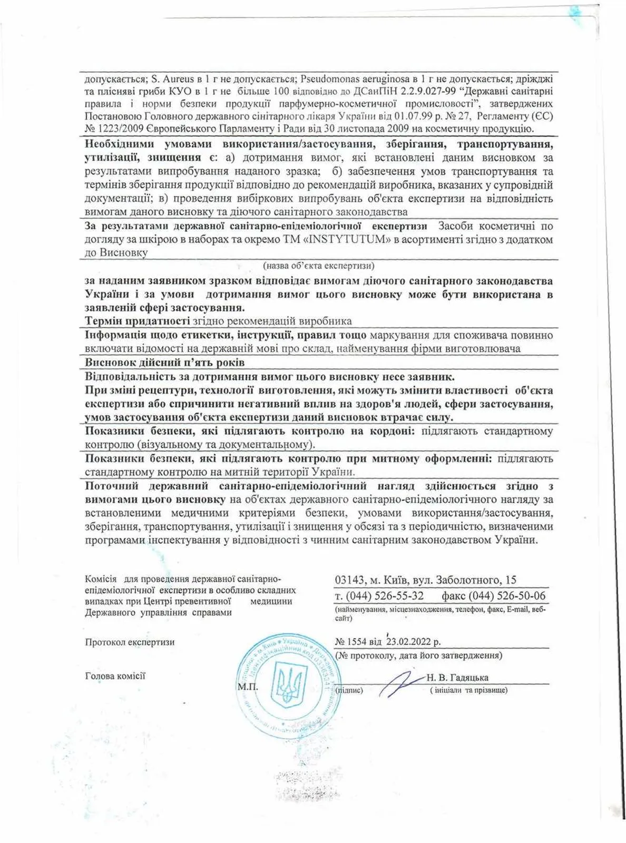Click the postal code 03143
(349, 580)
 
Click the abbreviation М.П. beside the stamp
(248, 687)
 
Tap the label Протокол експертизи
(130, 642)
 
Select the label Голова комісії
(115, 676)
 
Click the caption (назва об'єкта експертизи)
(318, 266)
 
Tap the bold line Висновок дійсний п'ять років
(164, 362)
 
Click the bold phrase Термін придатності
(137, 321)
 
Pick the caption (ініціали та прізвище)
(468, 690)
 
